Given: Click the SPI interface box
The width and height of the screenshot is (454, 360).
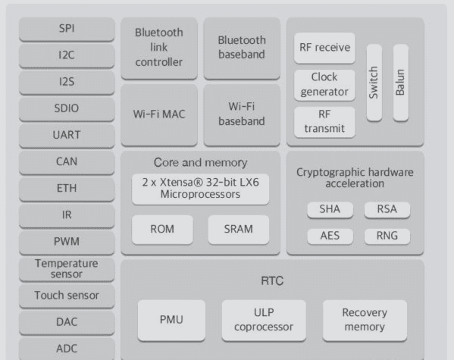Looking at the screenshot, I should (x=67, y=29).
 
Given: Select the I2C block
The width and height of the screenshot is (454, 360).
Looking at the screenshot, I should (x=67, y=55).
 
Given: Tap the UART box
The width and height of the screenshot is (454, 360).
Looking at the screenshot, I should (x=67, y=135).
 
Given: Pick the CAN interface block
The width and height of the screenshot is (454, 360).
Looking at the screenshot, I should (x=67, y=161).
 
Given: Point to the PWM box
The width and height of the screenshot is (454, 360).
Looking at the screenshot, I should (x=67, y=242).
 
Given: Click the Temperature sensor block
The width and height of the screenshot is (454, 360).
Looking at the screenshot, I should (x=67, y=268).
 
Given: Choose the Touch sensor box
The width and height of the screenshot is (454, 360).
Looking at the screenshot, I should (x=67, y=295).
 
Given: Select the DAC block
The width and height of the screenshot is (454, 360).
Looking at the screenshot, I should (x=67, y=321).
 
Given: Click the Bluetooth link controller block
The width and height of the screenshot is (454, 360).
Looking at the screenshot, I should (x=159, y=48).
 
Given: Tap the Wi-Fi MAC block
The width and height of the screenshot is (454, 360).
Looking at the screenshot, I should (x=159, y=114).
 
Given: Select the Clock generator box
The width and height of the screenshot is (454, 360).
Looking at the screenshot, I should (x=324, y=84).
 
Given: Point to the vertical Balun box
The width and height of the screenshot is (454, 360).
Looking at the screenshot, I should (x=400, y=82).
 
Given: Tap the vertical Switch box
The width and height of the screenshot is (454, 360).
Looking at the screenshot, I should (x=374, y=82).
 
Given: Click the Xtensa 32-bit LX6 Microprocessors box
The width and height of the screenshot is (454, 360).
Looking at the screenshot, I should (x=200, y=189).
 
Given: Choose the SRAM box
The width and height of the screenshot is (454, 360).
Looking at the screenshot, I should (x=238, y=229).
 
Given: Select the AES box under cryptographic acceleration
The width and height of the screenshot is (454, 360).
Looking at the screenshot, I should (x=330, y=236).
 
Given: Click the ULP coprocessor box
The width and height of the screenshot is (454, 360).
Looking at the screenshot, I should (x=263, y=320).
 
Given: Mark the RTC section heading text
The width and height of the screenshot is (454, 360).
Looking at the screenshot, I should (x=271, y=281).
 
